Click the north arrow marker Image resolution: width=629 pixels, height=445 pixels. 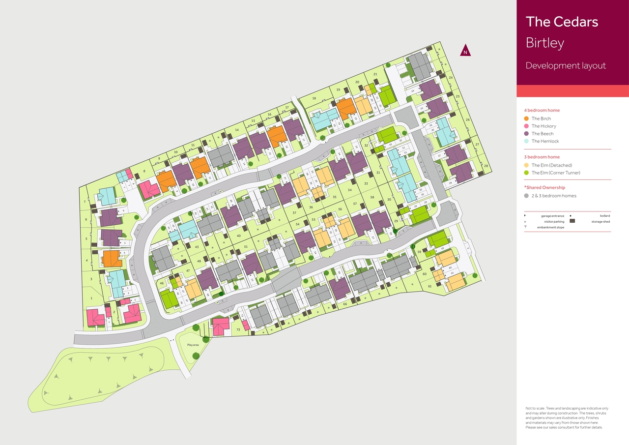465,51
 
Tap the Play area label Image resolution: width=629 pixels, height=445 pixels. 193,345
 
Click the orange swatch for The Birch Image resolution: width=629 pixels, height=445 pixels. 526,119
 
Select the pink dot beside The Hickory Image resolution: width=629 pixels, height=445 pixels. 526,126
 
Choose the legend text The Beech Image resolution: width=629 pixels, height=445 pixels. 543,134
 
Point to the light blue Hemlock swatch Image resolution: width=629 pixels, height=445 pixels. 526,141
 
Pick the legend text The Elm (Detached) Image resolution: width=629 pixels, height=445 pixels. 551,165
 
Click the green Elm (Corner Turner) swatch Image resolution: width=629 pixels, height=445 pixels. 526,173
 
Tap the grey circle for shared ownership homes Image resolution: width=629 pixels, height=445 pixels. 526,196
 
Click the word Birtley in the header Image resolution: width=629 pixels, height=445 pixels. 544,43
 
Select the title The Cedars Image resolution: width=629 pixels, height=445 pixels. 562,22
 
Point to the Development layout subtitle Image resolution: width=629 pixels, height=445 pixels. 566,66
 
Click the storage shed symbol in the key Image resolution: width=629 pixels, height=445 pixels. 572,221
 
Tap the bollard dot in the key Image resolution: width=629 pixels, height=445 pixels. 570,215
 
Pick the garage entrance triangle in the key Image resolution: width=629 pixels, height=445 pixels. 525,215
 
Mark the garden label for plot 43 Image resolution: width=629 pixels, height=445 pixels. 197,247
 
